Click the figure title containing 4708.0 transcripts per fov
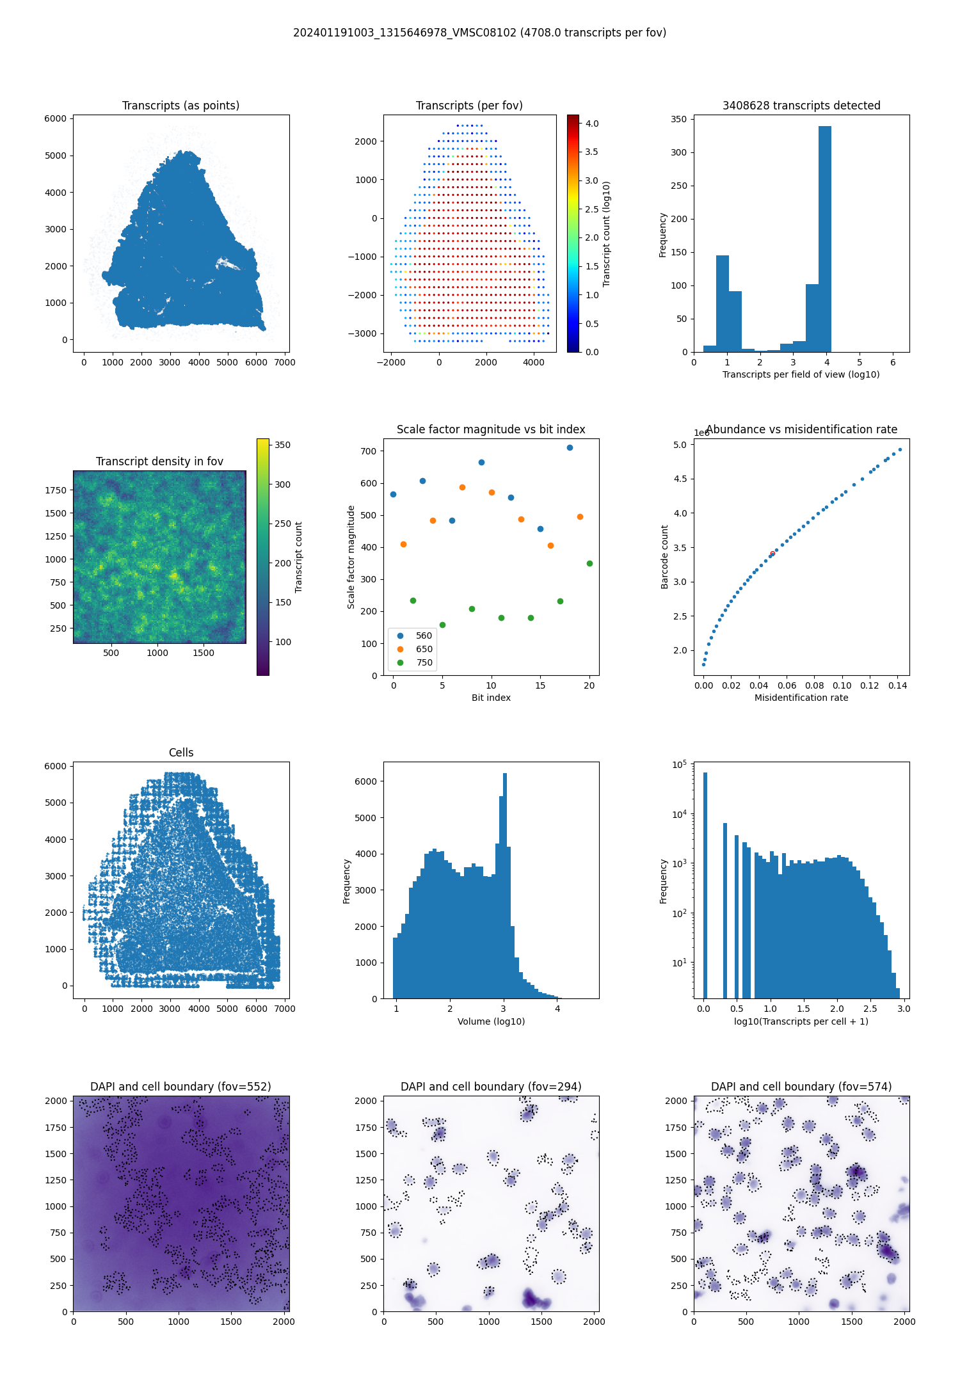[x=479, y=33]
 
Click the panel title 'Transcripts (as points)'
[x=180, y=106]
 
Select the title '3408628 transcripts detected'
[x=801, y=106]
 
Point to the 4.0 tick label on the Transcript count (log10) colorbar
[x=592, y=124]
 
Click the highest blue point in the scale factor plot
[x=570, y=447]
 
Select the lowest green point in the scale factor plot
[x=442, y=625]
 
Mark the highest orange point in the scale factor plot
[x=462, y=487]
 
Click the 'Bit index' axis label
[x=491, y=698]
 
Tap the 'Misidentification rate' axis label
[x=801, y=698]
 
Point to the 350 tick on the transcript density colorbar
[x=282, y=445]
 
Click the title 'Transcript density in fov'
[x=159, y=461]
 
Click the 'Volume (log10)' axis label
[x=491, y=1021]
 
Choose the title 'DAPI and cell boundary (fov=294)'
[x=491, y=1087]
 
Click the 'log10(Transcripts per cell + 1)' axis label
[x=801, y=1021]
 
